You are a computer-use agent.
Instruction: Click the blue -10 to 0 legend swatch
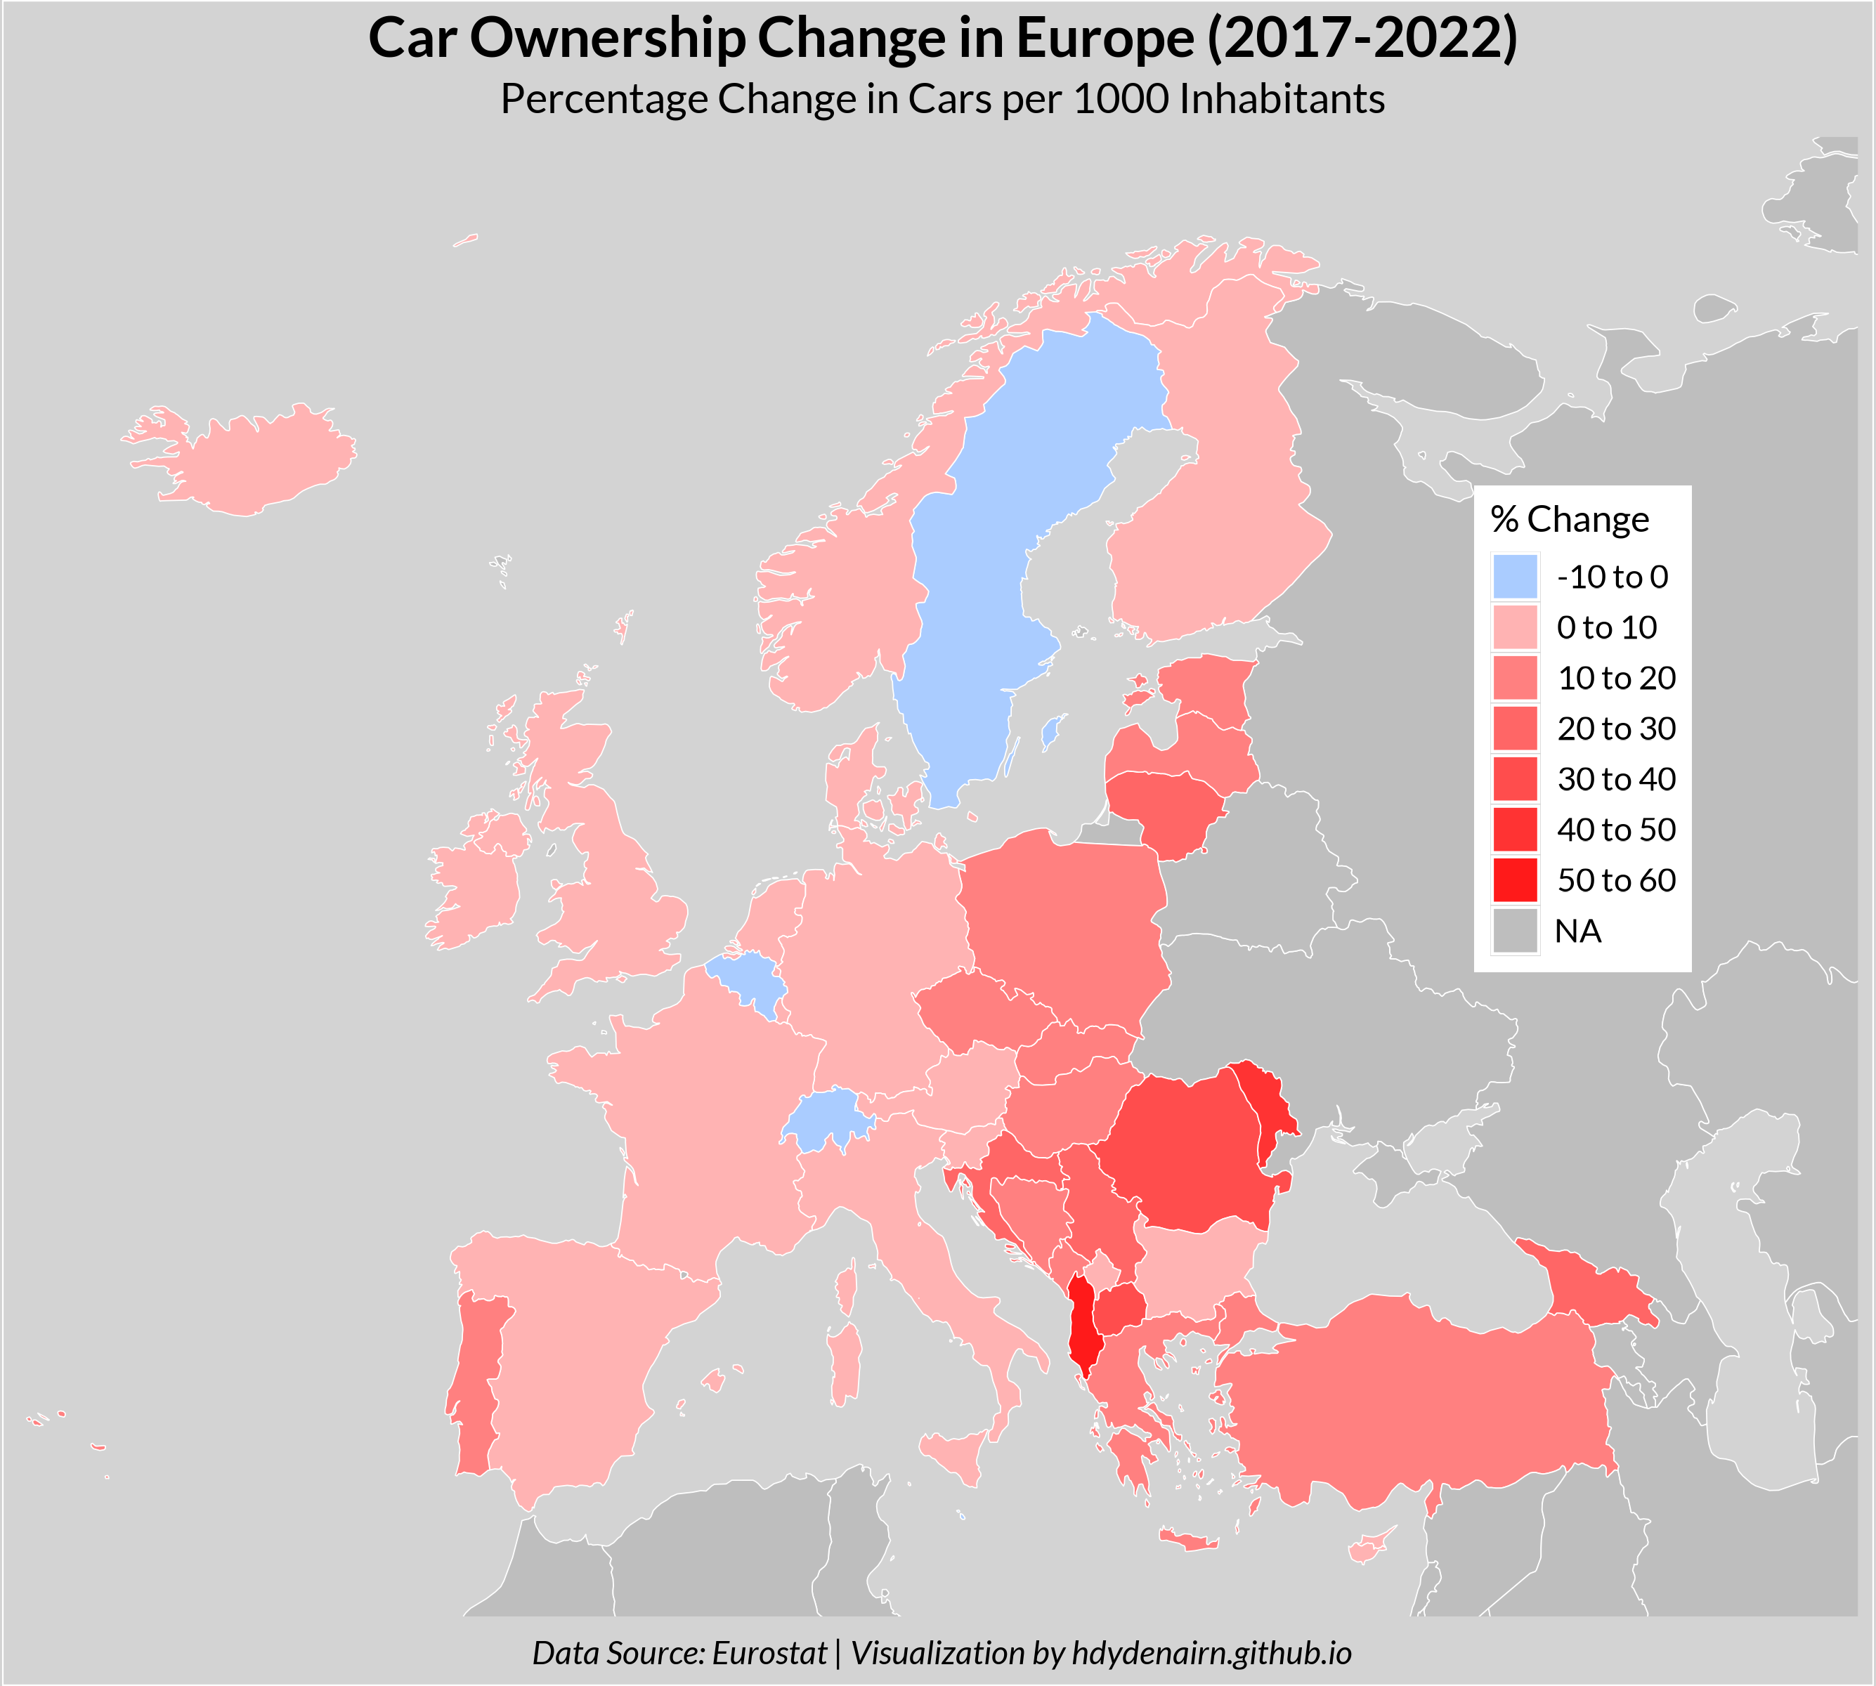tap(1515, 577)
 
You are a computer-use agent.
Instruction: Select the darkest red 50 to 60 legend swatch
tap(1515, 880)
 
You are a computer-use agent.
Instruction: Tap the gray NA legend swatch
tap(1515, 931)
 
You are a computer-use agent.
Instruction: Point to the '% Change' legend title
tap(1570, 520)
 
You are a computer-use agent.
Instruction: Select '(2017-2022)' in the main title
tap(1362, 39)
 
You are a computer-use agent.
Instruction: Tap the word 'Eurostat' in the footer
tap(769, 1653)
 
